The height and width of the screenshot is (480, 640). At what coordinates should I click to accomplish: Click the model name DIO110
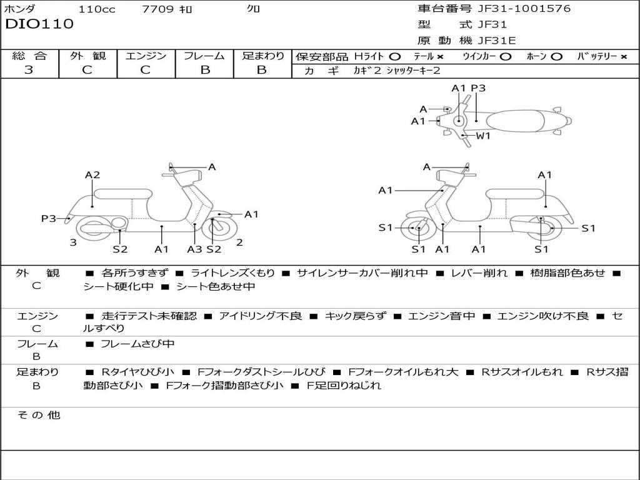coord(39,24)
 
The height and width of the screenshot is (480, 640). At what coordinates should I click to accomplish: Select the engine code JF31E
coord(497,40)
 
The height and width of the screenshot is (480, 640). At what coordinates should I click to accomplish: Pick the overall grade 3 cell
coord(29,70)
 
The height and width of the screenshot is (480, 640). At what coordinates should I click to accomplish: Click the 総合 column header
coord(29,56)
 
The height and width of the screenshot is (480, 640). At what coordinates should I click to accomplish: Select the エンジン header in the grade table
coord(146,56)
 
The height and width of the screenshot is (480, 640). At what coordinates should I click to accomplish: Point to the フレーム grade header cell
coord(204,56)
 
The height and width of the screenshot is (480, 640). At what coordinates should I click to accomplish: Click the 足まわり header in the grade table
coord(262,56)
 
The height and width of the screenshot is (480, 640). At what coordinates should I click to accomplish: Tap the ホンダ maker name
coord(20,9)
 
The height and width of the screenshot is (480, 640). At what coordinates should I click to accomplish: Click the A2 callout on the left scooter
coord(92,175)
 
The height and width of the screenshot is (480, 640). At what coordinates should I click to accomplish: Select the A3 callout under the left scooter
coord(195,249)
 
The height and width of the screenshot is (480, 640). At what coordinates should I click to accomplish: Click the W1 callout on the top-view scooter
coord(484,136)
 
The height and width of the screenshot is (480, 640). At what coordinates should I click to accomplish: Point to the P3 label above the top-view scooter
coord(478,88)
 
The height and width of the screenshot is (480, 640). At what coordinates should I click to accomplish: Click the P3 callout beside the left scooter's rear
coord(49,218)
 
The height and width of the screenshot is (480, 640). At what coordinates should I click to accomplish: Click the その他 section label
coord(38,415)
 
